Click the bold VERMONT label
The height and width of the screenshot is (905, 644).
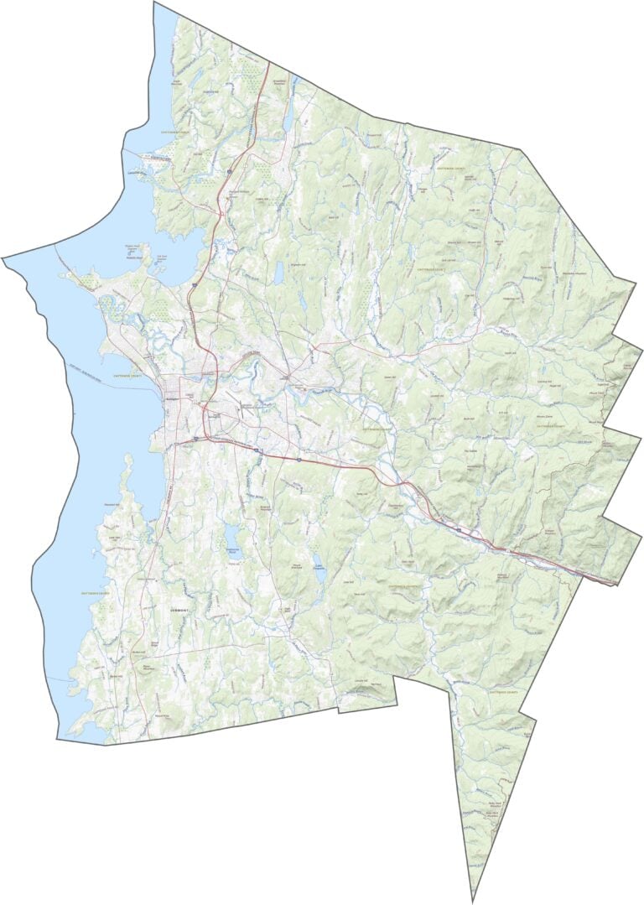click(x=179, y=610)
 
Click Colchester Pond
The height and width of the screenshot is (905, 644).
click(x=278, y=272)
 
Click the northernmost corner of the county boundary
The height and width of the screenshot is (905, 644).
click(x=155, y=3)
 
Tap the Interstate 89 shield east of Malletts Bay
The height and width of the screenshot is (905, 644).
click(x=192, y=287)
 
